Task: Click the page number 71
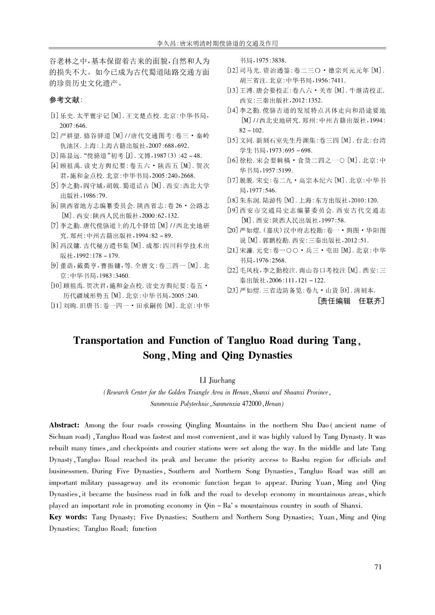coord(378,567)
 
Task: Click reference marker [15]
coord(233,140)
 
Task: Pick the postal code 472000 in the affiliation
coord(249,404)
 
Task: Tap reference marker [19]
coord(233,210)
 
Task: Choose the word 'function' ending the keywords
coord(144,529)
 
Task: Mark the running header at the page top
coord(217,44)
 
